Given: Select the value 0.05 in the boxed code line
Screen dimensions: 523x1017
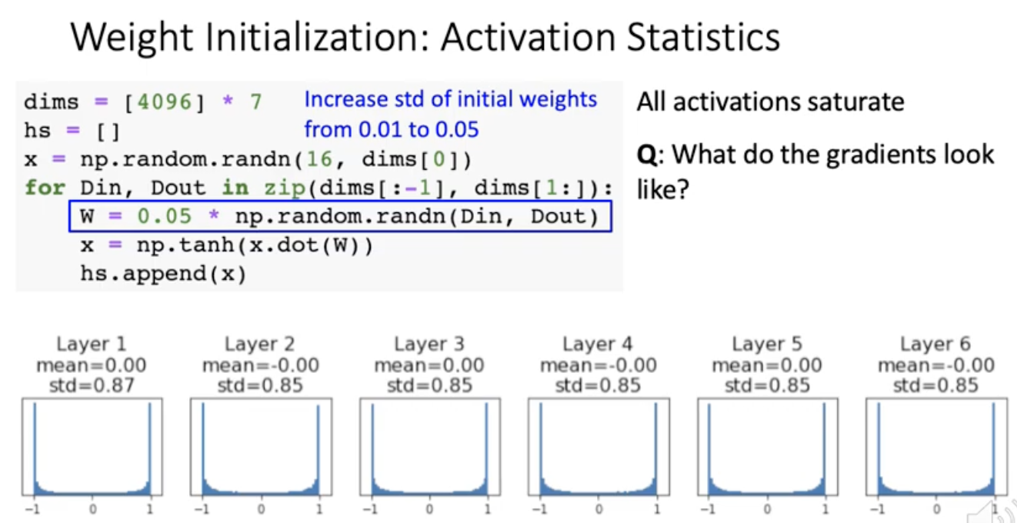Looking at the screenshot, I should (x=164, y=216).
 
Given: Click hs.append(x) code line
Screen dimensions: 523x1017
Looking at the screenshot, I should (x=163, y=275).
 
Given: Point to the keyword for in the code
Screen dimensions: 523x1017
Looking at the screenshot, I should (x=45, y=188).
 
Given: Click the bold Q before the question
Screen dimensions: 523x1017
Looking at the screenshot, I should (x=646, y=155).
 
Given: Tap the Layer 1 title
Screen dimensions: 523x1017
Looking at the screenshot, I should (x=92, y=344).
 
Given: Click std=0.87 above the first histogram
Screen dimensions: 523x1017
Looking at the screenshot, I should (x=92, y=385).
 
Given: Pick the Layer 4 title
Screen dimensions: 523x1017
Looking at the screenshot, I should (x=598, y=344).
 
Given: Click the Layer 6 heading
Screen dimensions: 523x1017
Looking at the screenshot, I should (x=935, y=344).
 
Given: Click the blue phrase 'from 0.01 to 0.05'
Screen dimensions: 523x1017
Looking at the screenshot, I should (x=391, y=129).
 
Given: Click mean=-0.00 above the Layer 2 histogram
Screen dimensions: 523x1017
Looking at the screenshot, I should (x=260, y=365).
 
